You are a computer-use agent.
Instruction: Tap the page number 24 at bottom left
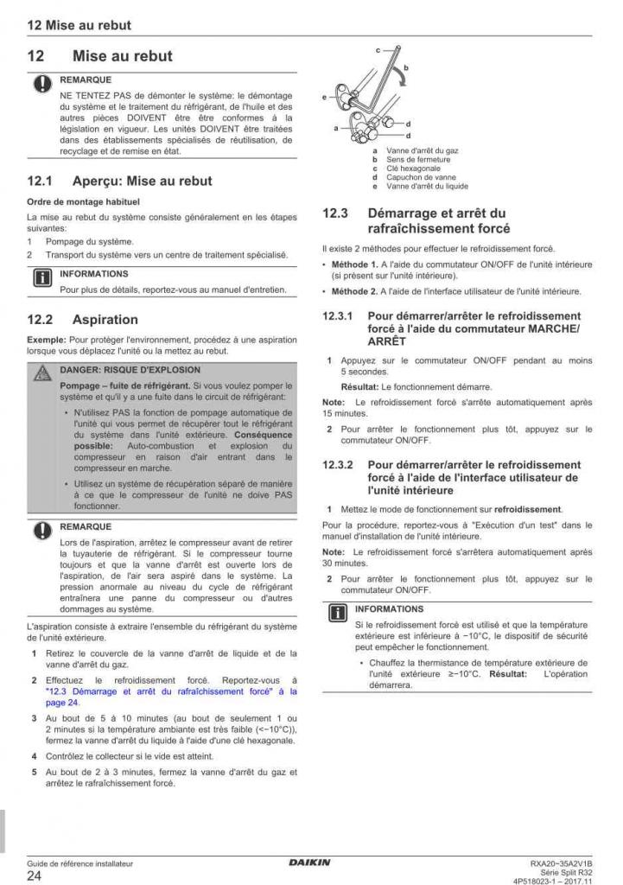tap(35, 875)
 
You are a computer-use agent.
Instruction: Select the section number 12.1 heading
tap(41, 181)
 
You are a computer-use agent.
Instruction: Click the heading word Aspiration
tap(105, 319)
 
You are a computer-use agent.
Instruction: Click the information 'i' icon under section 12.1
tap(41, 279)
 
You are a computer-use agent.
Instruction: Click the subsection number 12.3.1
tap(339, 317)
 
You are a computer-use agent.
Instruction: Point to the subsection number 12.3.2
tap(339, 465)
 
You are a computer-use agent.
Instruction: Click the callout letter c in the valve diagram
tap(377, 52)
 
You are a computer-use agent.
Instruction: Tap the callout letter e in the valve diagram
tap(325, 97)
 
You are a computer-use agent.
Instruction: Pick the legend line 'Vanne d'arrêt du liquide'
tap(427, 186)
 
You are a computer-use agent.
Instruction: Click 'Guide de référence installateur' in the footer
tap(80, 863)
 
